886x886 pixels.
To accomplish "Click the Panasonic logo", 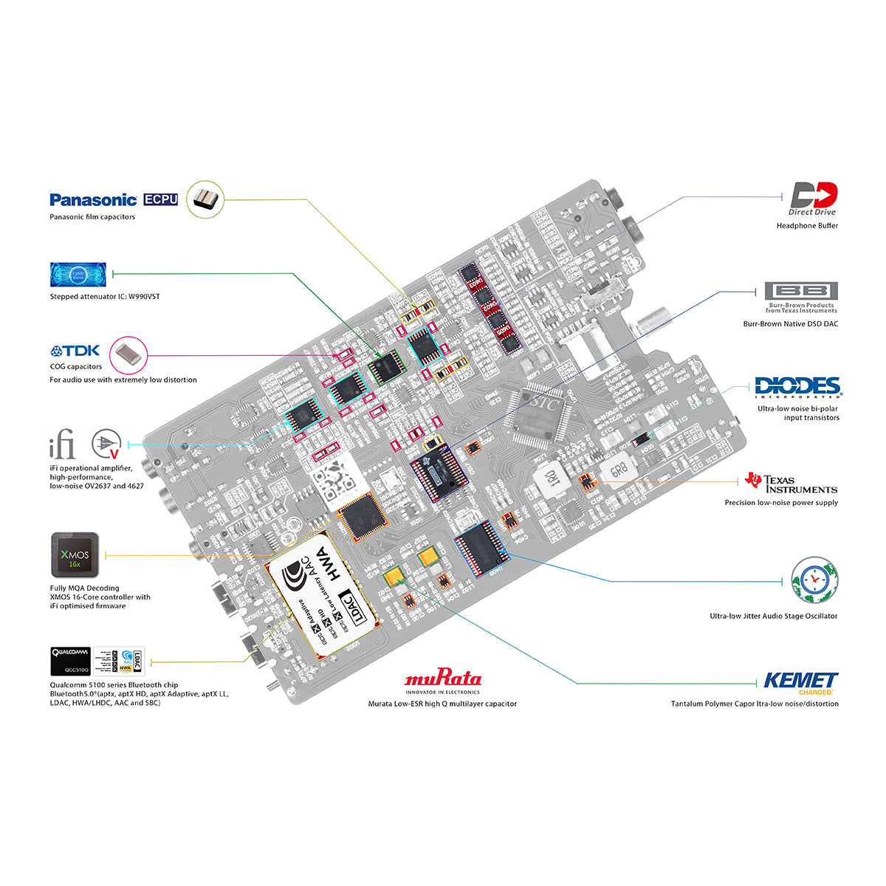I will [93, 199].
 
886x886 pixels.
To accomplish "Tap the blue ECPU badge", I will [160, 199].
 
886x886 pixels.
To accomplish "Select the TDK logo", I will [76, 351].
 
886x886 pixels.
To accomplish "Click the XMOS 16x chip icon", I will [75, 554].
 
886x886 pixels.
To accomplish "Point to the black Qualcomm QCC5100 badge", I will [70, 661].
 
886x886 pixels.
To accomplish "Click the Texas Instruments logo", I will [791, 483].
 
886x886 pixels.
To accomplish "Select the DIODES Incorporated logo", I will [797, 387].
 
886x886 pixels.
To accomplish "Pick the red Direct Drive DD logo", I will [814, 196].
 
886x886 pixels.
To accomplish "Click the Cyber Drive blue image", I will [78, 274].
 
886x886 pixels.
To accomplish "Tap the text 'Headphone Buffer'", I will [807, 226].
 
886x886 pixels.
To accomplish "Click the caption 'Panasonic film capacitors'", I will [92, 217].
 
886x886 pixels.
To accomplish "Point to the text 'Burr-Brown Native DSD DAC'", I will [791, 324].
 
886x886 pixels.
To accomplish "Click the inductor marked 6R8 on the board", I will [614, 467].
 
